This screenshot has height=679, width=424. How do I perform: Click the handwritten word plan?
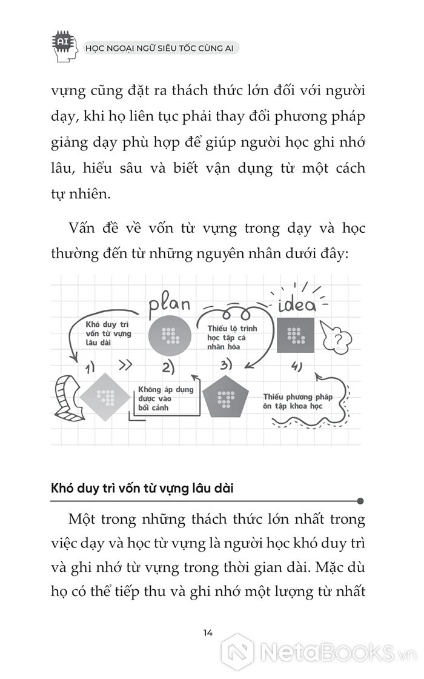[170, 301]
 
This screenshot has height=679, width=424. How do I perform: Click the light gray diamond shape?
[105, 397]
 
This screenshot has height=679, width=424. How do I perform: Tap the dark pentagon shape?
[226, 395]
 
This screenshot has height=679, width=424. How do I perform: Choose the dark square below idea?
[296, 335]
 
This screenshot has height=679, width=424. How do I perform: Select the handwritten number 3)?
[226, 365]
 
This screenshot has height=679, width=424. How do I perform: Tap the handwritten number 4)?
[296, 366]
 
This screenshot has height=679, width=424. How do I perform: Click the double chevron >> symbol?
[125, 365]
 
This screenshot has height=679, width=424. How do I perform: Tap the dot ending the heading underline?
[360, 501]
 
